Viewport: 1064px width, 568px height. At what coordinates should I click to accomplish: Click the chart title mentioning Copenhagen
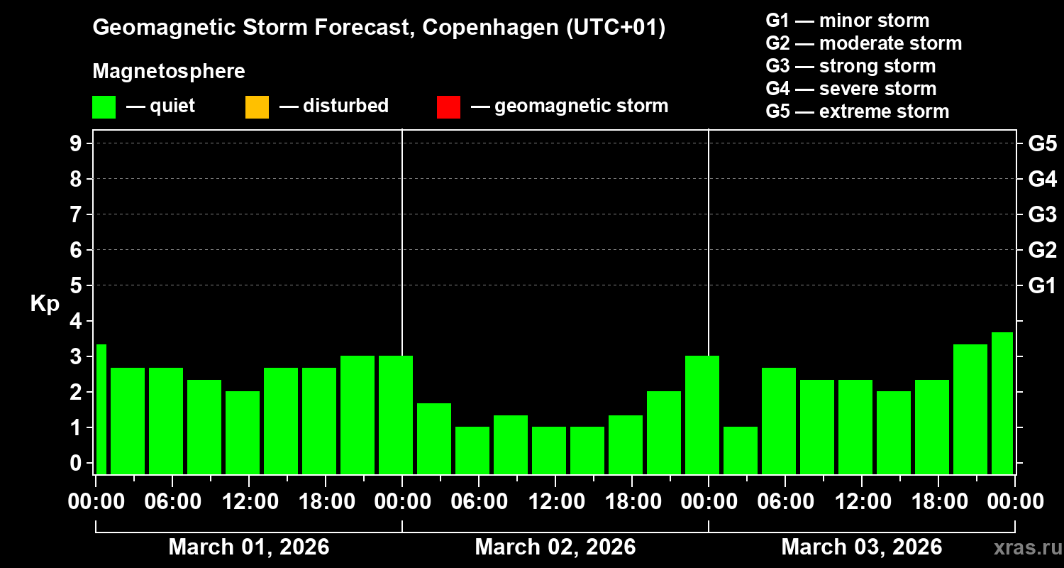click(x=379, y=28)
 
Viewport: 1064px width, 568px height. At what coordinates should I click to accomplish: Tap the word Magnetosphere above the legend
click(x=168, y=72)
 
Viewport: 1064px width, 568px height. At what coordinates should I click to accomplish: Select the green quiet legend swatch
click(x=104, y=107)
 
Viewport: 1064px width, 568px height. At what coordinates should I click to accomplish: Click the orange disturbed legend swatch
click(x=257, y=107)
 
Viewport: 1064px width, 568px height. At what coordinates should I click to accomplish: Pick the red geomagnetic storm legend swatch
click(x=448, y=107)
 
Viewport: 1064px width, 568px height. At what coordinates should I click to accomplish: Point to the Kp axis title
click(x=45, y=304)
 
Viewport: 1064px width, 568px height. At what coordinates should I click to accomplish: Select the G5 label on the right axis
click(x=1042, y=143)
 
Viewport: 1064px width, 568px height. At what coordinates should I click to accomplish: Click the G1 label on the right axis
click(x=1042, y=285)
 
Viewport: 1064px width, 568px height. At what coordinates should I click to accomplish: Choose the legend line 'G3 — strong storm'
click(x=850, y=66)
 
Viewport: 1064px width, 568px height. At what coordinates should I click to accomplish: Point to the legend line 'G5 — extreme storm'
click(x=857, y=111)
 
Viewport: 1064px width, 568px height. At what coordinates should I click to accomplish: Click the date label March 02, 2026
click(x=555, y=547)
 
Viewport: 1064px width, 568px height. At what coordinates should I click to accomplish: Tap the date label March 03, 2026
click(x=861, y=547)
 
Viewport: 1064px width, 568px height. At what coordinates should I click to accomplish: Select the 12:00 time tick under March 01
click(x=249, y=502)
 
